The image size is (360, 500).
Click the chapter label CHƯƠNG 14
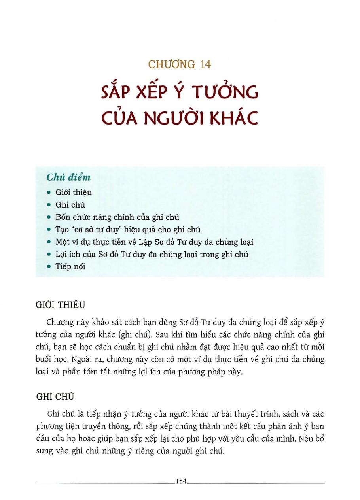click(x=180, y=64)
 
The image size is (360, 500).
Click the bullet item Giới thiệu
click(x=74, y=192)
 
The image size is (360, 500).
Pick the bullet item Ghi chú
click(x=71, y=205)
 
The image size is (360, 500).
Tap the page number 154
click(x=180, y=481)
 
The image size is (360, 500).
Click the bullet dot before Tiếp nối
click(x=49, y=266)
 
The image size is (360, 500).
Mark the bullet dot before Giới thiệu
click(x=49, y=193)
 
